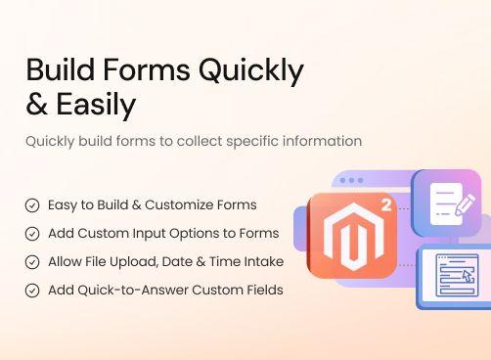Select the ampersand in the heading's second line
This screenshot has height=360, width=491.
pos(38,103)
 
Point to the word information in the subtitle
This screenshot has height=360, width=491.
pos(318,141)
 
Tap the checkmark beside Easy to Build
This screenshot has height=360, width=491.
pos(32,205)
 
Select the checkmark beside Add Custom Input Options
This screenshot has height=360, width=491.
pos(32,234)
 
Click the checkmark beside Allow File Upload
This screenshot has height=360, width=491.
pos(32,262)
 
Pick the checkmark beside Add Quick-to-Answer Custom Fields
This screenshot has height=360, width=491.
pos(32,291)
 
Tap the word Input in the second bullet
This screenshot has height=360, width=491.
pos(152,234)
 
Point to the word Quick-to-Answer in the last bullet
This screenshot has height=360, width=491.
pos(126,291)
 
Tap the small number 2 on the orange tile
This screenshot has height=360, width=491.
pos(386,206)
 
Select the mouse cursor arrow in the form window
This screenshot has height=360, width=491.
pos(466,277)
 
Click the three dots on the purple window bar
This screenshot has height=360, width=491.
pos(351,181)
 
